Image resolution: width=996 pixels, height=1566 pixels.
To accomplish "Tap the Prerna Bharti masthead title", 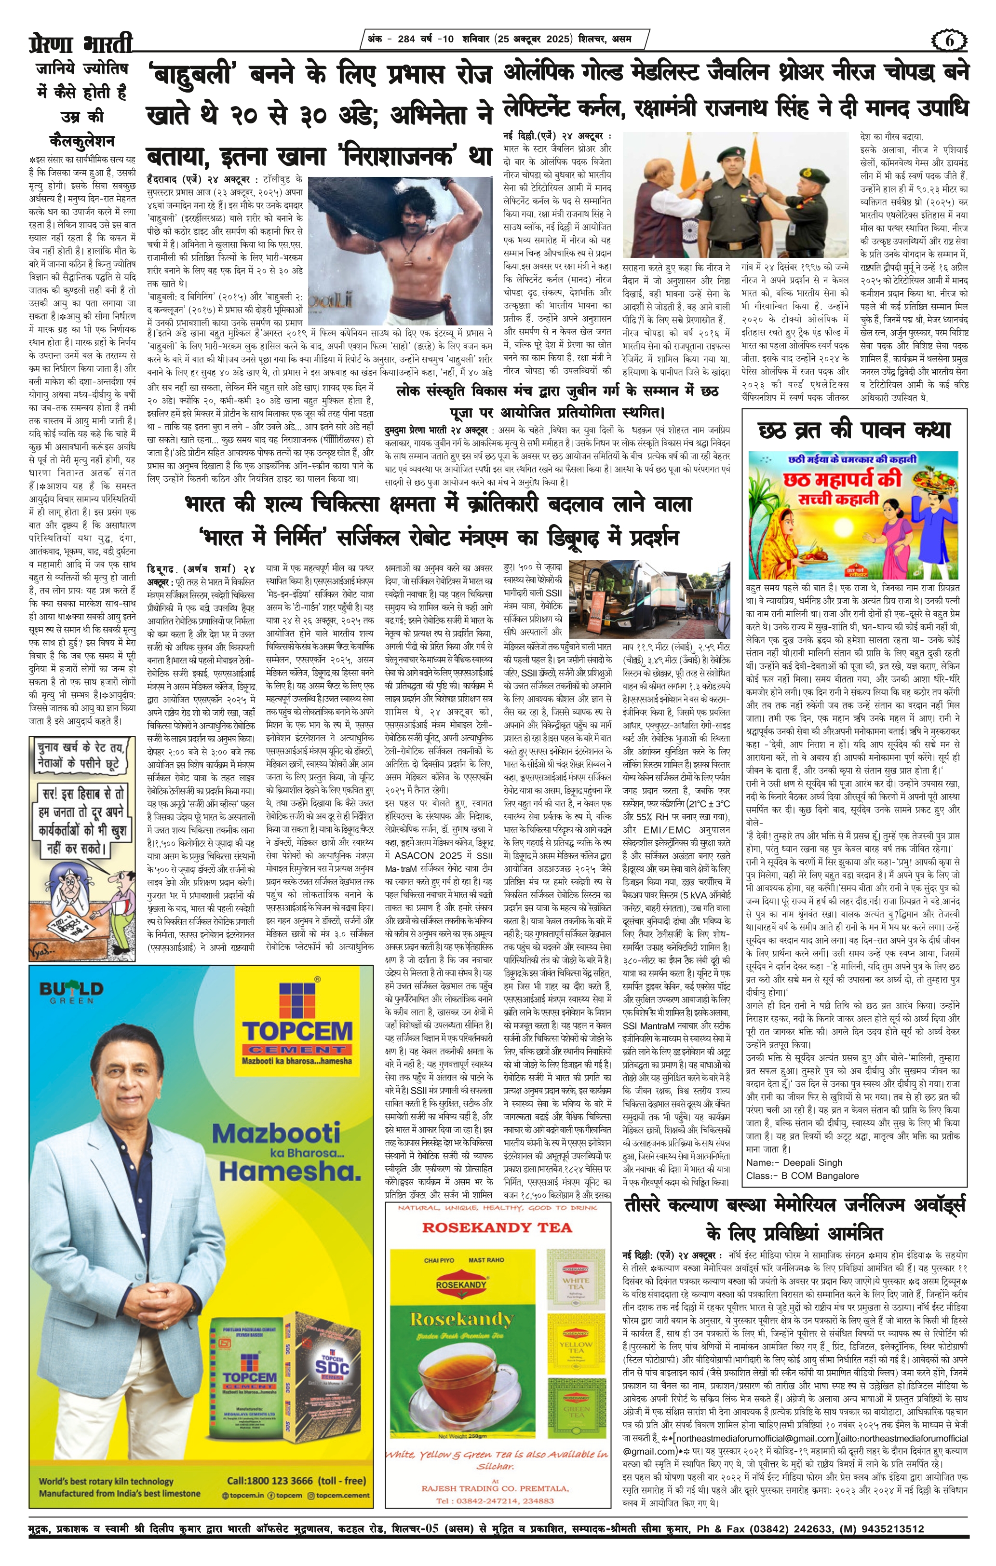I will click(x=81, y=43).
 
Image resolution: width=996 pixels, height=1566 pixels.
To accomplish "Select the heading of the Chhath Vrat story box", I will click(x=854, y=430).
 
